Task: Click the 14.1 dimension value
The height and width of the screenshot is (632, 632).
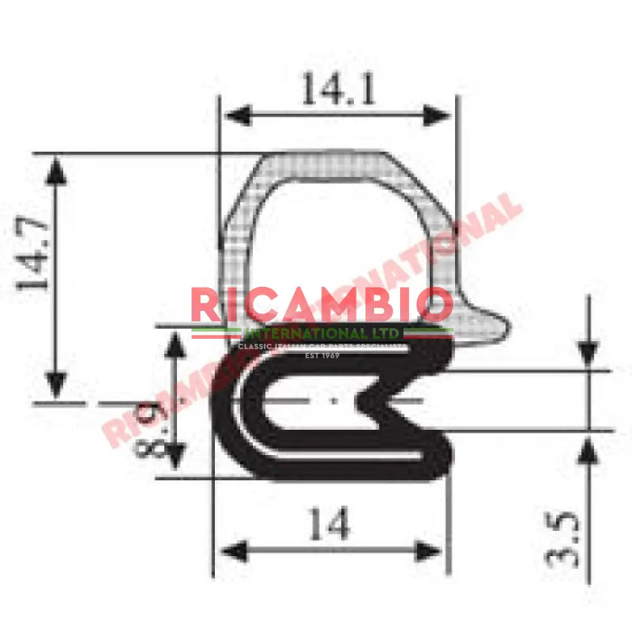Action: pyautogui.click(x=337, y=89)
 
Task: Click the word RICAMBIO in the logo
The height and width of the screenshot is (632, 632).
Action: pyautogui.click(x=322, y=305)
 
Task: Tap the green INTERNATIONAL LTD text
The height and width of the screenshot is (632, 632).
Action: pyautogui.click(x=322, y=333)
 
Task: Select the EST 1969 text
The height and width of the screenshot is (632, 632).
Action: pyautogui.click(x=322, y=356)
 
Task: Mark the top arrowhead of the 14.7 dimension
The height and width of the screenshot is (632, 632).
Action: pyautogui.click(x=57, y=171)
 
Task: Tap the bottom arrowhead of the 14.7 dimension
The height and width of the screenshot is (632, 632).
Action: pyautogui.click(x=57, y=386)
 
